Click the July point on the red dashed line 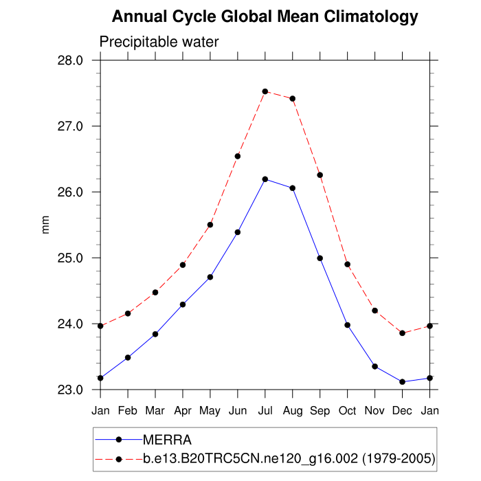click(x=265, y=91)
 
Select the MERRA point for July click(x=265, y=179)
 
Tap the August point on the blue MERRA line click(x=293, y=188)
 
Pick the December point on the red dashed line click(x=403, y=333)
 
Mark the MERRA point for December click(x=403, y=382)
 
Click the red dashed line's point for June click(x=238, y=156)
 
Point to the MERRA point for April click(x=183, y=304)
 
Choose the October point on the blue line click(x=348, y=325)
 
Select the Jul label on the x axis click(x=265, y=410)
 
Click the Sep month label click(x=320, y=410)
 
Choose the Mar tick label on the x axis click(x=155, y=410)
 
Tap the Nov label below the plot click(x=375, y=410)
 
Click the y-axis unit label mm click(x=46, y=225)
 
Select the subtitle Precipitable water click(x=159, y=42)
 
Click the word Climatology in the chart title click(x=371, y=16)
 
